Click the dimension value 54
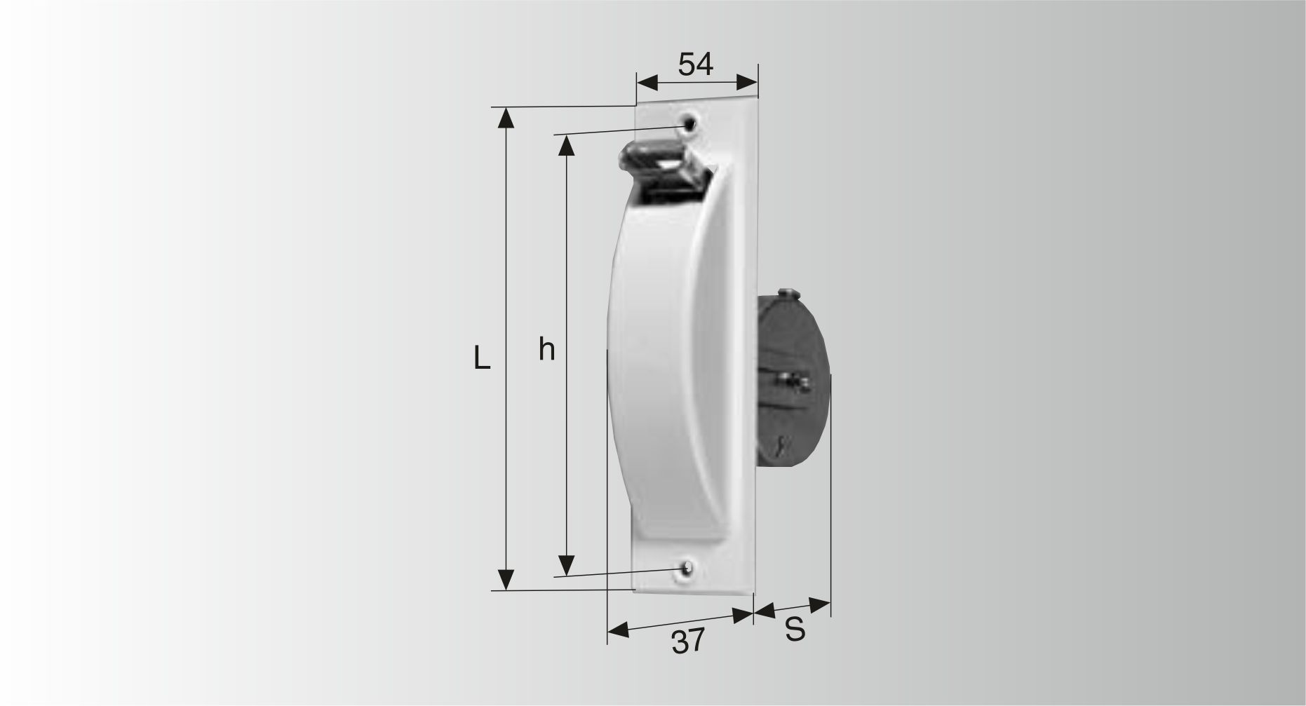pyautogui.click(x=695, y=65)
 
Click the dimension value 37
pyautogui.click(x=687, y=641)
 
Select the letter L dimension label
pyautogui.click(x=481, y=358)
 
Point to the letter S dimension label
pyautogui.click(x=795, y=630)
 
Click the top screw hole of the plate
pyautogui.click(x=690, y=123)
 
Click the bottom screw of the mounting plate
pyautogui.click(x=687, y=569)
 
